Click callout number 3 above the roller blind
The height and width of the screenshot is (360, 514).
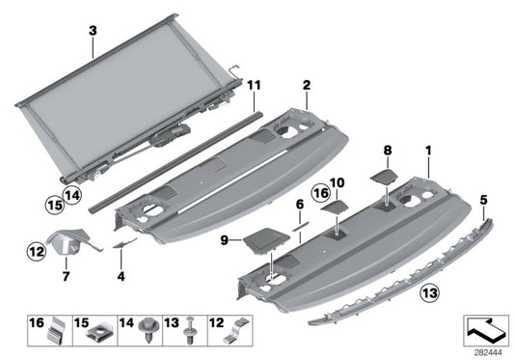pyautogui.click(x=92, y=30)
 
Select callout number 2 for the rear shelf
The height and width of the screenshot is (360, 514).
pyautogui.click(x=306, y=86)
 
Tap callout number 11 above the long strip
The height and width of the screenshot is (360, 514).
pyautogui.click(x=254, y=85)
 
